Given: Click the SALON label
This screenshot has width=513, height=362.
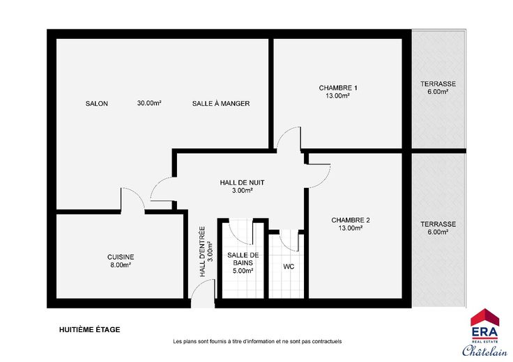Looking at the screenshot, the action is [x=96, y=104].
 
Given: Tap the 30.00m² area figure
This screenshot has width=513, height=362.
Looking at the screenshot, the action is [x=149, y=103].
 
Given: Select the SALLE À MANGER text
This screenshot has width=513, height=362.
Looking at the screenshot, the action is [x=221, y=104].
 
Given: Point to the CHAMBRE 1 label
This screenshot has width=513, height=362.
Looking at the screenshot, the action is [x=338, y=88].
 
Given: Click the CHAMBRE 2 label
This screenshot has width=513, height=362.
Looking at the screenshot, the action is [x=351, y=220].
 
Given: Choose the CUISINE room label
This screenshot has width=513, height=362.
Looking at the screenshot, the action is [x=121, y=257].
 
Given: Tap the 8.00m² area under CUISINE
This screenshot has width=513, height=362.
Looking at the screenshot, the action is [x=121, y=265].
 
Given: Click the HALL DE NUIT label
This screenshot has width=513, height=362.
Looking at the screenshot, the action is [x=242, y=182].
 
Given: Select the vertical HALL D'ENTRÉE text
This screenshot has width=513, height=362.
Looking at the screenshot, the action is [x=203, y=251].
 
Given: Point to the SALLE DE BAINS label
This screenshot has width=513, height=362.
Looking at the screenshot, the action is [x=243, y=259].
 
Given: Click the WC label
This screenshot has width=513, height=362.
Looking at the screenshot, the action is [x=289, y=267].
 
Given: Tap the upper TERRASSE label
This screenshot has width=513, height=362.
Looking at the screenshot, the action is [x=438, y=84].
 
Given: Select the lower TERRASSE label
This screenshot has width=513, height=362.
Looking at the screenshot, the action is [x=438, y=224].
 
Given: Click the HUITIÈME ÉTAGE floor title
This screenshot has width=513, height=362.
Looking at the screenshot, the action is [x=90, y=330].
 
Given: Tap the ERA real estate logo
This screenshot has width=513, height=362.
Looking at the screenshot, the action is [x=484, y=326].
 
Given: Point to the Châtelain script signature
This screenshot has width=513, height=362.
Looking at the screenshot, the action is [x=484, y=350].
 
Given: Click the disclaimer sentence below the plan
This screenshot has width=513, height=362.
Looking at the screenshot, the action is [x=257, y=341].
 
